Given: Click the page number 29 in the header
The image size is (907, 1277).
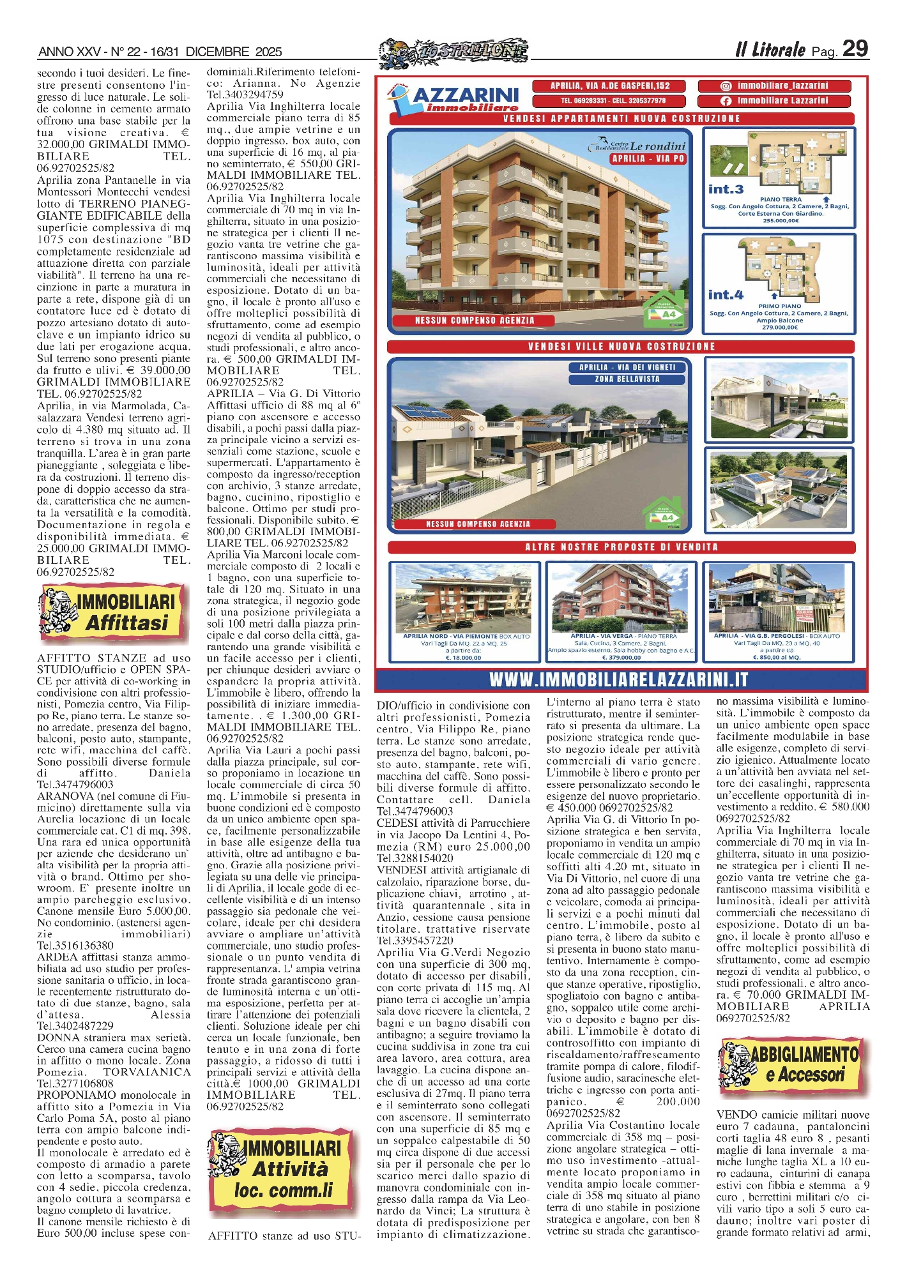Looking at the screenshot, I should pos(855,49).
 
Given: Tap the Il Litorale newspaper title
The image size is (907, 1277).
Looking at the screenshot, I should pos(770,50).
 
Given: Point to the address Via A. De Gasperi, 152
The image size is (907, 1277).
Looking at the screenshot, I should pos(610,86).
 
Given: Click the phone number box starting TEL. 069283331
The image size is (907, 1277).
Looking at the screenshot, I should pos(610,101).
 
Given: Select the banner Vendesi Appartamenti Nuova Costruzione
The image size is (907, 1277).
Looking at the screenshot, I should pos(621,119).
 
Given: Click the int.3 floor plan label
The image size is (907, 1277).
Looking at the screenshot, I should pos(726,189).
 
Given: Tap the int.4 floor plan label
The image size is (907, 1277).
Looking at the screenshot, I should pos(726,294).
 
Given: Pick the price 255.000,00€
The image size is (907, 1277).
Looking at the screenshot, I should pos(781,221).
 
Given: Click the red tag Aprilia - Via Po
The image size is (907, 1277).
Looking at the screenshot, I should pos(648,158).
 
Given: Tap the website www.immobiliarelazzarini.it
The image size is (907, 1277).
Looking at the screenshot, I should pos(618,679).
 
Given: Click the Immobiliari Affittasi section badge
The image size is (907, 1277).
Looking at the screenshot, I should pos(114,613).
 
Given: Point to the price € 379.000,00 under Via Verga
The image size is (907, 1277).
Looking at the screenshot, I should pos(623,657).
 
